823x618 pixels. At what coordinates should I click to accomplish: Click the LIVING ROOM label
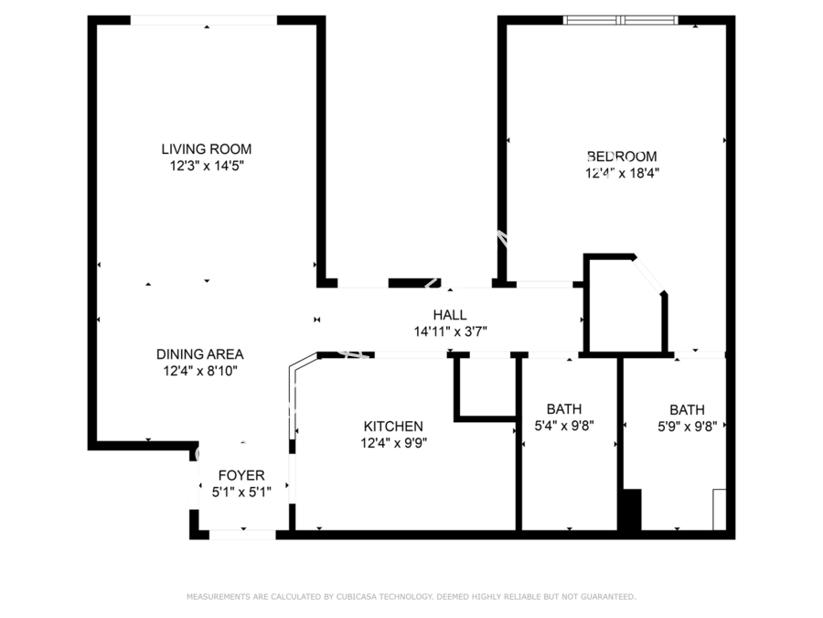click(207, 149)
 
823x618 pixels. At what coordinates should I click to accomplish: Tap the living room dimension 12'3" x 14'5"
click(207, 166)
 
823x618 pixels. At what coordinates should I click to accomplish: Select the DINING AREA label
click(200, 354)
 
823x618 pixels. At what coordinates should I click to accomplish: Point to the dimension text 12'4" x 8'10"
click(200, 371)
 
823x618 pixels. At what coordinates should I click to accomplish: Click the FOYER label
click(241, 475)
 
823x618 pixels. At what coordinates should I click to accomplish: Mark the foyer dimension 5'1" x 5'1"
click(241, 493)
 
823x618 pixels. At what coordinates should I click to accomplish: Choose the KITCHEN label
click(393, 426)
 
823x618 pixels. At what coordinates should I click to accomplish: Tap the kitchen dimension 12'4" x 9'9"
click(393, 443)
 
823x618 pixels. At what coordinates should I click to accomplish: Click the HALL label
click(450, 315)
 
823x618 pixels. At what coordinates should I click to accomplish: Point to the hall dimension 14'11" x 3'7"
click(450, 331)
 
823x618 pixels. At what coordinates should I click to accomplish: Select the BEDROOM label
click(622, 157)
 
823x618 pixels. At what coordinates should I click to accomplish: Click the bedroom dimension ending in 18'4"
click(623, 173)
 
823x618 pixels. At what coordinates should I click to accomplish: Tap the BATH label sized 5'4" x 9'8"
click(564, 409)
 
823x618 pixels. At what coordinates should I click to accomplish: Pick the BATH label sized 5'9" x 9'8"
click(687, 410)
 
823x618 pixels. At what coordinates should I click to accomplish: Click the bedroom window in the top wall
click(620, 20)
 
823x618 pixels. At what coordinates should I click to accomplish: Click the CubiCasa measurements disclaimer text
click(411, 597)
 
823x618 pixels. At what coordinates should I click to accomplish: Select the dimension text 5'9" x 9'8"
click(688, 426)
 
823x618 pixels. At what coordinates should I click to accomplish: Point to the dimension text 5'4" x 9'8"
click(564, 425)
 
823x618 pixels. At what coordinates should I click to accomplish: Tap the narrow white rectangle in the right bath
click(719, 510)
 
